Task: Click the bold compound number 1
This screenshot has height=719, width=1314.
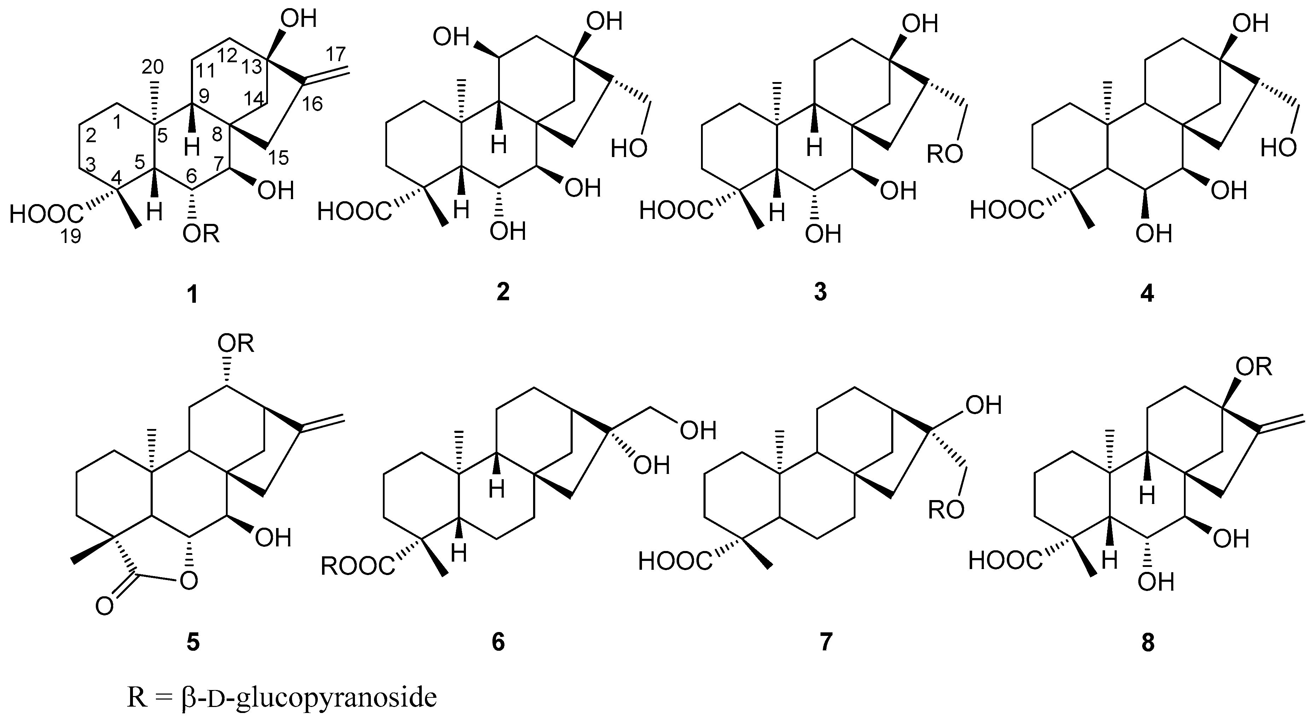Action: [x=192, y=295]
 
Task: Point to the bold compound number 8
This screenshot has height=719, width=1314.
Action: [x=1148, y=643]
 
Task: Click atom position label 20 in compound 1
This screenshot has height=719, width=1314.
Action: [x=152, y=66]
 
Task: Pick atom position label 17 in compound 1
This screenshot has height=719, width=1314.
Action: [x=335, y=54]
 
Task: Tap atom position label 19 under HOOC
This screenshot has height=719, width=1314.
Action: [x=71, y=236]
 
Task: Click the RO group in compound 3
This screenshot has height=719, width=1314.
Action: [x=945, y=153]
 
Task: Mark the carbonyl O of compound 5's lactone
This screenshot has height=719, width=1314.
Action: [x=105, y=607]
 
